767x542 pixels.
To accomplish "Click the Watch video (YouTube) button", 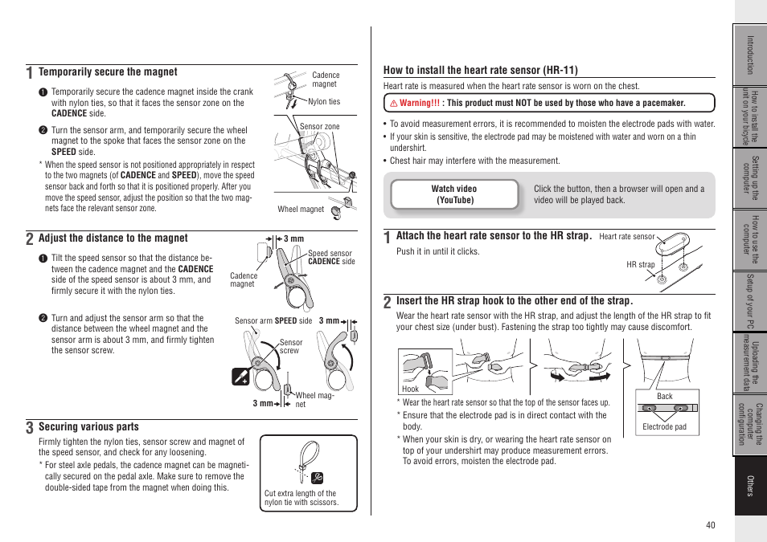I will [x=454, y=194].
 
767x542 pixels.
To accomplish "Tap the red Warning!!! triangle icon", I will [x=394, y=104].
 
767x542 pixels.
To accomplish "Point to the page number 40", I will [x=710, y=525].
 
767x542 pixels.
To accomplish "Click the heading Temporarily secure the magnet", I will [x=108, y=72].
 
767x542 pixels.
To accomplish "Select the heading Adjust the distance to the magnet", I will [x=113, y=238].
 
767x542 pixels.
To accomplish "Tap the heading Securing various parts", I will [x=88, y=427].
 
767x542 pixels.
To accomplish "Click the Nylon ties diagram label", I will [x=324, y=102].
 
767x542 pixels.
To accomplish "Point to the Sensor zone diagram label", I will [x=319, y=127].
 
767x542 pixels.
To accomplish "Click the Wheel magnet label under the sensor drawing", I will [x=300, y=210].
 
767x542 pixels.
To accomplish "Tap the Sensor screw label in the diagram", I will [x=290, y=346].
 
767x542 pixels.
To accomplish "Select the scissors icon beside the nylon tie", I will [x=317, y=476].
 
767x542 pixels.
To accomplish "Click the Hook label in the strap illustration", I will [x=410, y=389].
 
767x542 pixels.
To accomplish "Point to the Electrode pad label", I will [x=664, y=427].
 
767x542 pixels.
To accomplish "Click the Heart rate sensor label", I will [x=626, y=237].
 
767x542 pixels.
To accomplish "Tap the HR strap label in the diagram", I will [x=640, y=264].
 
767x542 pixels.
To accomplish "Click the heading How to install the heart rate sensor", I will [x=480, y=71].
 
